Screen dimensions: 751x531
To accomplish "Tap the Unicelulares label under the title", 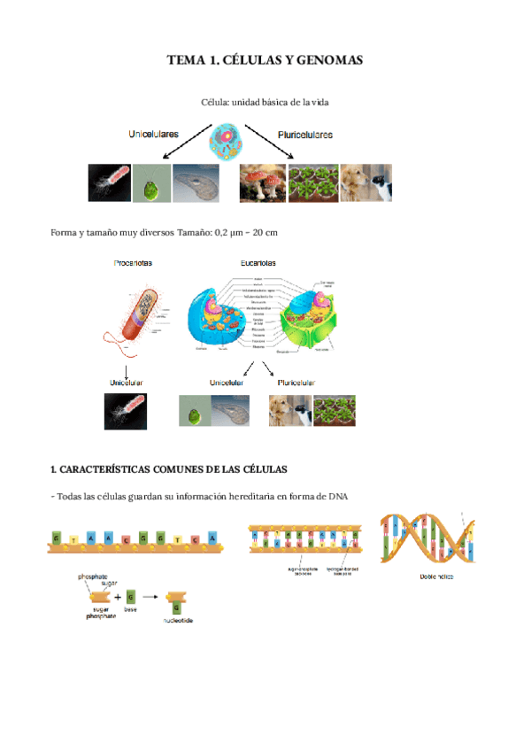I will click(153, 134).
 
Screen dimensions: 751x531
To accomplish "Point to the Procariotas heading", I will click(134, 262).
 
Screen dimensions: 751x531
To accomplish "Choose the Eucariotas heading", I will click(258, 262).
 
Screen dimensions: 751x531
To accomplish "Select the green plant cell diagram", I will click(311, 315).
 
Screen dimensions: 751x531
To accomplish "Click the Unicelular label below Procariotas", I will click(126, 382).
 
